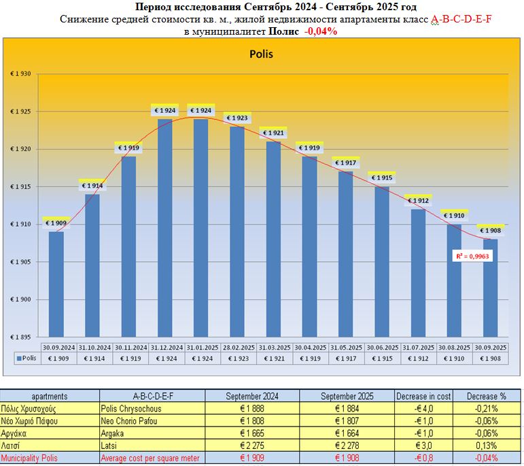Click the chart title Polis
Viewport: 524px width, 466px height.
coord(261,54)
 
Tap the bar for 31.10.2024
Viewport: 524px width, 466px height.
coord(92,265)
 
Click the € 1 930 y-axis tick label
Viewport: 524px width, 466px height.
coord(20,73)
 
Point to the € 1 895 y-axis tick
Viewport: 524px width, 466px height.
coord(20,337)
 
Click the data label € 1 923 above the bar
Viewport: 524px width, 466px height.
coord(237,118)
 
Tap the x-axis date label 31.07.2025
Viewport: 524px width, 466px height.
coord(418,347)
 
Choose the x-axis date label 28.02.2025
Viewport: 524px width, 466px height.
coord(237,347)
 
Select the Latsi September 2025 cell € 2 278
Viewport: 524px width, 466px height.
coord(347,446)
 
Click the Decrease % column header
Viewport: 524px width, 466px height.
coord(487,396)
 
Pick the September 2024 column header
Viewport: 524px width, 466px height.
coord(251,396)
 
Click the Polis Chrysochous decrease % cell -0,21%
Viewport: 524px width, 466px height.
coord(487,409)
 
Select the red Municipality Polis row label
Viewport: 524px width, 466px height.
coord(30,458)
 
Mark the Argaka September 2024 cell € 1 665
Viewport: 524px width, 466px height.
coord(252,433)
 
